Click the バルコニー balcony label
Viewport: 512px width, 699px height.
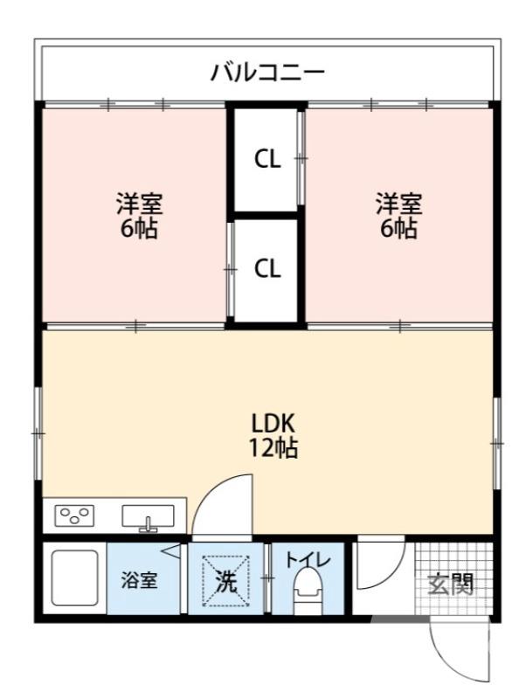(x=267, y=71)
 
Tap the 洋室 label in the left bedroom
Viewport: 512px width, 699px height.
(x=139, y=204)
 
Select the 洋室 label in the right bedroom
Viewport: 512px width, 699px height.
(x=399, y=204)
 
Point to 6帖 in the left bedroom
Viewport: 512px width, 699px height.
(x=139, y=230)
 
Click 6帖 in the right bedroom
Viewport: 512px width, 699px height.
(x=399, y=230)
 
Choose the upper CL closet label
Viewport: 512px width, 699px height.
(x=267, y=160)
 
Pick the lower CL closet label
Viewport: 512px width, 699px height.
(x=267, y=269)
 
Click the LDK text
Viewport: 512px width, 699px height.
(x=274, y=424)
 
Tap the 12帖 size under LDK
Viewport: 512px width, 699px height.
(x=274, y=449)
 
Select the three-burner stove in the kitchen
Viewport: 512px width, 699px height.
(x=74, y=516)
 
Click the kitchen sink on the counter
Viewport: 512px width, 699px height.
(x=148, y=517)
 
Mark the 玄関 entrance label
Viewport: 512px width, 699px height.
(x=450, y=584)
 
